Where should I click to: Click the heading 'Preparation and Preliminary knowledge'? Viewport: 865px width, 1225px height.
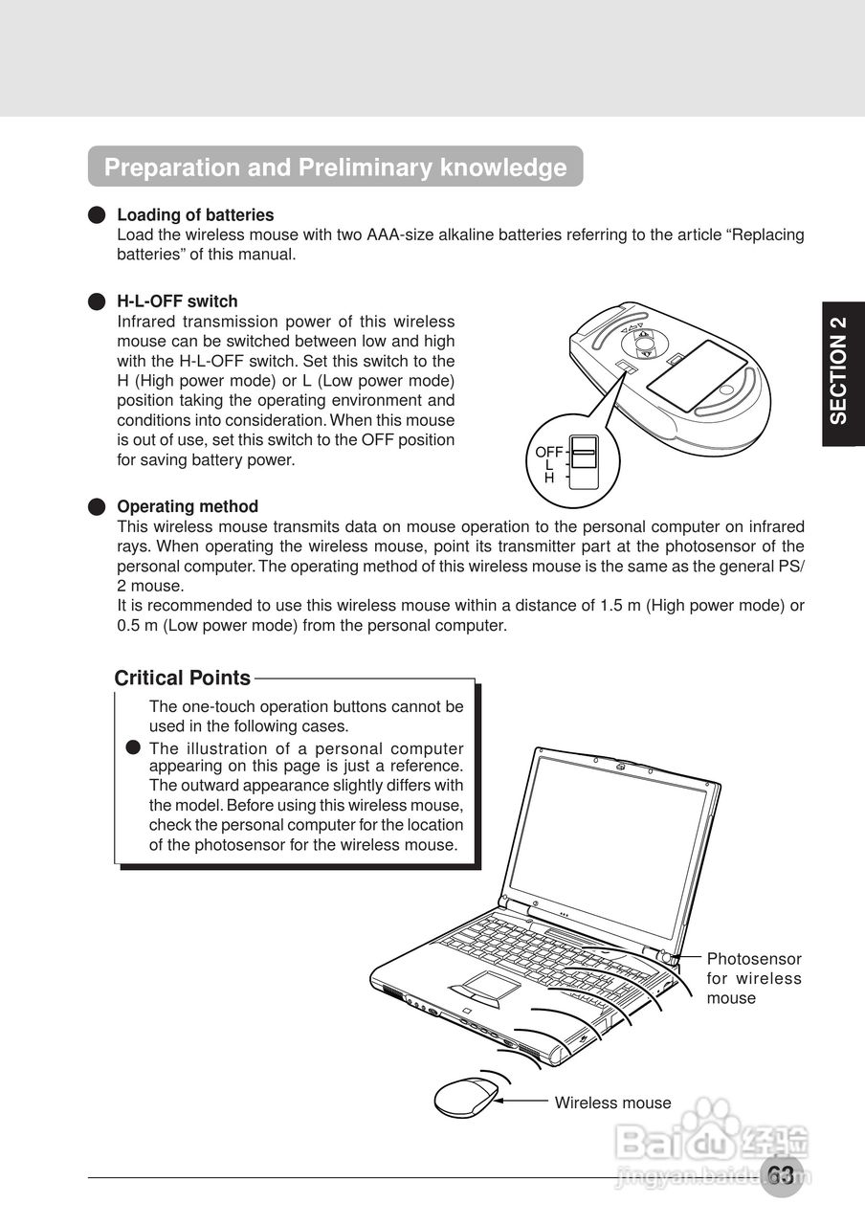pos(335,167)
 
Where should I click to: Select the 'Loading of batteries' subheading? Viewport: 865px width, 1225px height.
pos(195,215)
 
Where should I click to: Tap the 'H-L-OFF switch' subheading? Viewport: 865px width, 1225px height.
pos(177,301)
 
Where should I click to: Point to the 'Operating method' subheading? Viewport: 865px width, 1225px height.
pos(188,506)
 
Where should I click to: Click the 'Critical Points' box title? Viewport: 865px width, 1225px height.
pos(182,679)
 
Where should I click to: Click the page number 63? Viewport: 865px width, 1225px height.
pos(781,1175)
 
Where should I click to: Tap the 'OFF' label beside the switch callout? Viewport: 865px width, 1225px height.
pos(548,452)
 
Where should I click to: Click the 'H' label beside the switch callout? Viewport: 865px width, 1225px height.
pos(549,478)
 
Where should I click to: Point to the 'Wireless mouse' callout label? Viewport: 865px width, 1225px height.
pos(612,1102)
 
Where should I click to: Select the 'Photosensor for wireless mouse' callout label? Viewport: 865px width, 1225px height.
pos(754,978)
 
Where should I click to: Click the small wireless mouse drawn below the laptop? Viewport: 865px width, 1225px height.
pos(466,1097)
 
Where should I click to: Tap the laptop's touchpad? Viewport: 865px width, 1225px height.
pos(487,987)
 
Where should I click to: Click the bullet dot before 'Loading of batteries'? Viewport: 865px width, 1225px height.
pos(96,215)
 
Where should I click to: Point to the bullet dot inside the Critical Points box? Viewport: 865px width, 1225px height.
pos(134,747)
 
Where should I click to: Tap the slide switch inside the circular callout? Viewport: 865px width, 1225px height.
pos(583,463)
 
